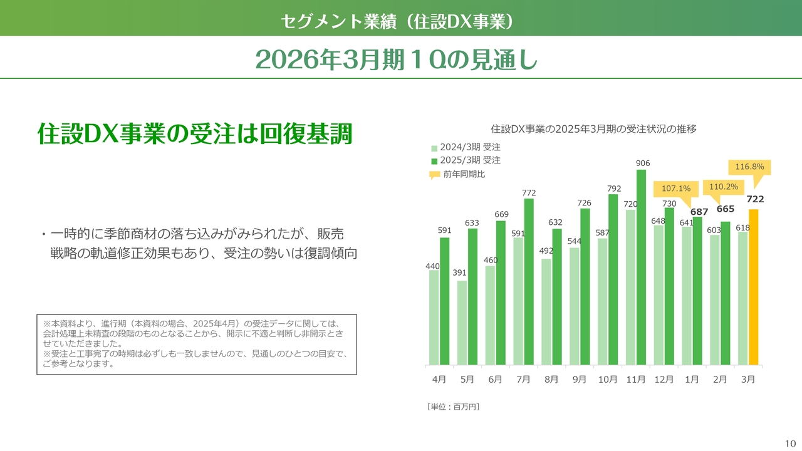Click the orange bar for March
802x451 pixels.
[x=753, y=287]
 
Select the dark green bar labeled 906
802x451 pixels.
[x=641, y=267]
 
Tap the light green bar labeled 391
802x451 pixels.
[x=462, y=323]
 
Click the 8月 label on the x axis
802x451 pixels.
[x=551, y=380]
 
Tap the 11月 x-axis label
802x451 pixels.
[x=636, y=380]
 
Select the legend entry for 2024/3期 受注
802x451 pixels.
[x=466, y=147]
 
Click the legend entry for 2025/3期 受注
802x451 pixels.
[x=466, y=160]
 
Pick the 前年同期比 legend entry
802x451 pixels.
[x=457, y=174]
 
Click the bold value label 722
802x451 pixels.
[x=755, y=199]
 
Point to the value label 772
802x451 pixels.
[x=529, y=193]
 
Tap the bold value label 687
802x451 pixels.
[x=699, y=212]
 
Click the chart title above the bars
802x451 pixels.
[x=593, y=129]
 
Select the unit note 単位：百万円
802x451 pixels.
[x=453, y=407]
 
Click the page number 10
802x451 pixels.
[x=790, y=443]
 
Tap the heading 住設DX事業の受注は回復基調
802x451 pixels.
[x=195, y=134]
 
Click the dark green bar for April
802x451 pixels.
[x=444, y=301]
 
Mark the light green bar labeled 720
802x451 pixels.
[x=630, y=288]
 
